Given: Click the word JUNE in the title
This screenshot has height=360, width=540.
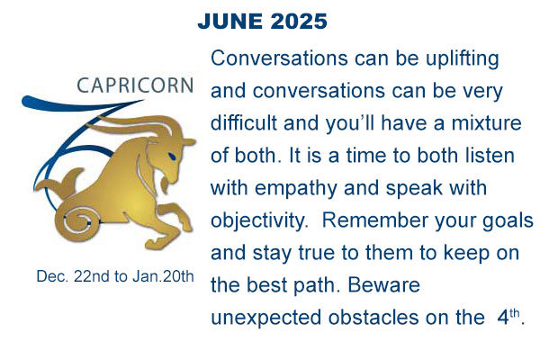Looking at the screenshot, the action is pos(230,22).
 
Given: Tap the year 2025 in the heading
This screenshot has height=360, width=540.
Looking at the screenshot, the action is pos(299,22).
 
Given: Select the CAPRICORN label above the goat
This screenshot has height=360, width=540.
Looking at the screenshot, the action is pos(135,85).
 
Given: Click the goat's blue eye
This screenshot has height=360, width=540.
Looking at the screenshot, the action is pos(171,156).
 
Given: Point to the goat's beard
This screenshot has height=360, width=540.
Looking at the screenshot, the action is pos(166,184).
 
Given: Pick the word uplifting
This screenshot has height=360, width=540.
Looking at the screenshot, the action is pos(463,59).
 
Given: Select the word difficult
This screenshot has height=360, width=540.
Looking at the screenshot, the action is pos(244,123).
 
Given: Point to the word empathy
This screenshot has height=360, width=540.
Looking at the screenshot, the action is pos(296,189).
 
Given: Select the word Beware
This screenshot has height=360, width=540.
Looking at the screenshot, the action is pos(383,285).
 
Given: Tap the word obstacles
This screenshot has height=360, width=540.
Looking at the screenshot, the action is pos(373,318).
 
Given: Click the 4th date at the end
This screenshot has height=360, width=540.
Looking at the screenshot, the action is pos(508,317).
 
